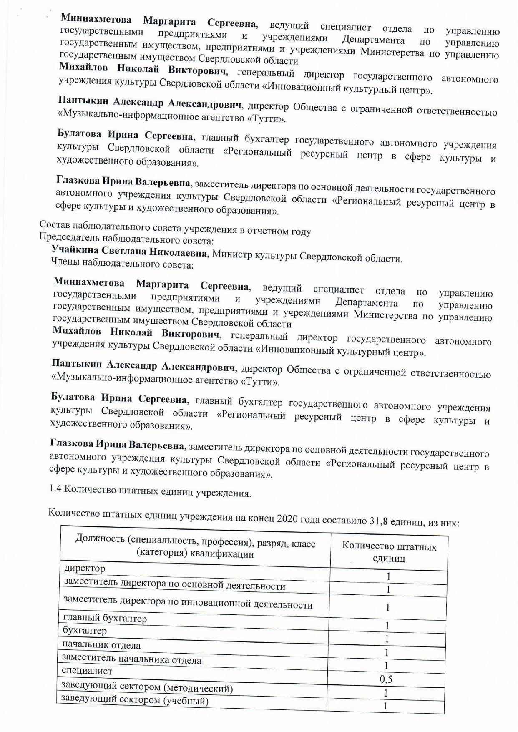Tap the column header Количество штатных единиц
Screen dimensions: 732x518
coord(389,552)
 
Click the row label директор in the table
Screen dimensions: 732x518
coord(84,568)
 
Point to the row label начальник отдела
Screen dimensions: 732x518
coord(101,645)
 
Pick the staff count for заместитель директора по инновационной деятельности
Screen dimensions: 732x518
coord(387,607)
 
